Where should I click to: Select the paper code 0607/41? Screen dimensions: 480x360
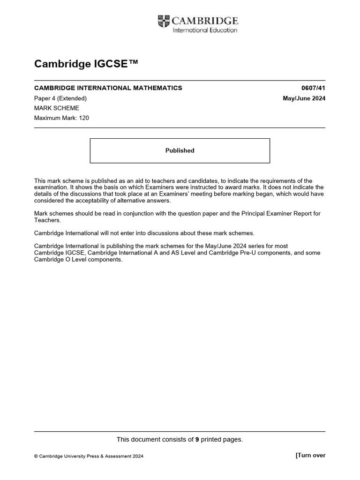314,88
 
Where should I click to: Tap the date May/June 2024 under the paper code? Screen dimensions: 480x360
304,98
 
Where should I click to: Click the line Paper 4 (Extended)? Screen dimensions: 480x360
60,98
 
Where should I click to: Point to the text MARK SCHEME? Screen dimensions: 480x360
57,108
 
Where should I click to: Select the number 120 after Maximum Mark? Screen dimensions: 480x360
83,118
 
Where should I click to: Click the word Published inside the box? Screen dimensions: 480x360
180,150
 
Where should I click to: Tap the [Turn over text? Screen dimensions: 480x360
310,455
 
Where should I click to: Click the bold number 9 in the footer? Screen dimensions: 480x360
197,439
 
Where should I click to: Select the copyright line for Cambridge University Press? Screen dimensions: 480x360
89,456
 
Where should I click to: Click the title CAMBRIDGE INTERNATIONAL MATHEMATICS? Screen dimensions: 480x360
108,88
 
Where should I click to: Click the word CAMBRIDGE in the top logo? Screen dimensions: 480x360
205,21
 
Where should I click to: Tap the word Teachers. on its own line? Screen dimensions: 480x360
47,220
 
